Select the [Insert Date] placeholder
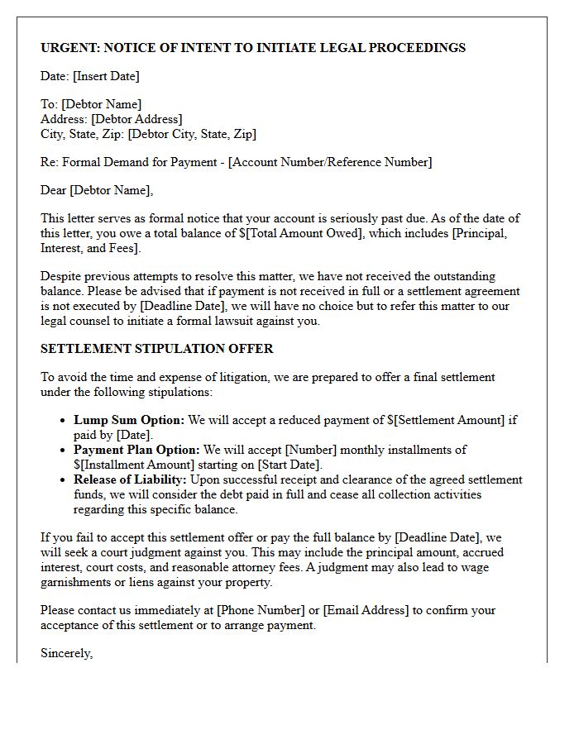click(106, 76)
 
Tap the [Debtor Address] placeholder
click(136, 119)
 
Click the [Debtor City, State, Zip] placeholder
click(192, 134)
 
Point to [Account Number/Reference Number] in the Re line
click(329, 162)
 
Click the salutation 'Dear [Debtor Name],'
click(97, 190)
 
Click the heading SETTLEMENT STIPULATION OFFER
click(156, 349)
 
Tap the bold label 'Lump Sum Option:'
click(129, 420)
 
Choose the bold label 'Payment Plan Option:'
click(136, 450)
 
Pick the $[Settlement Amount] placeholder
click(446, 420)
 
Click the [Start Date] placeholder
click(290, 465)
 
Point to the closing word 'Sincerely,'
click(67, 653)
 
